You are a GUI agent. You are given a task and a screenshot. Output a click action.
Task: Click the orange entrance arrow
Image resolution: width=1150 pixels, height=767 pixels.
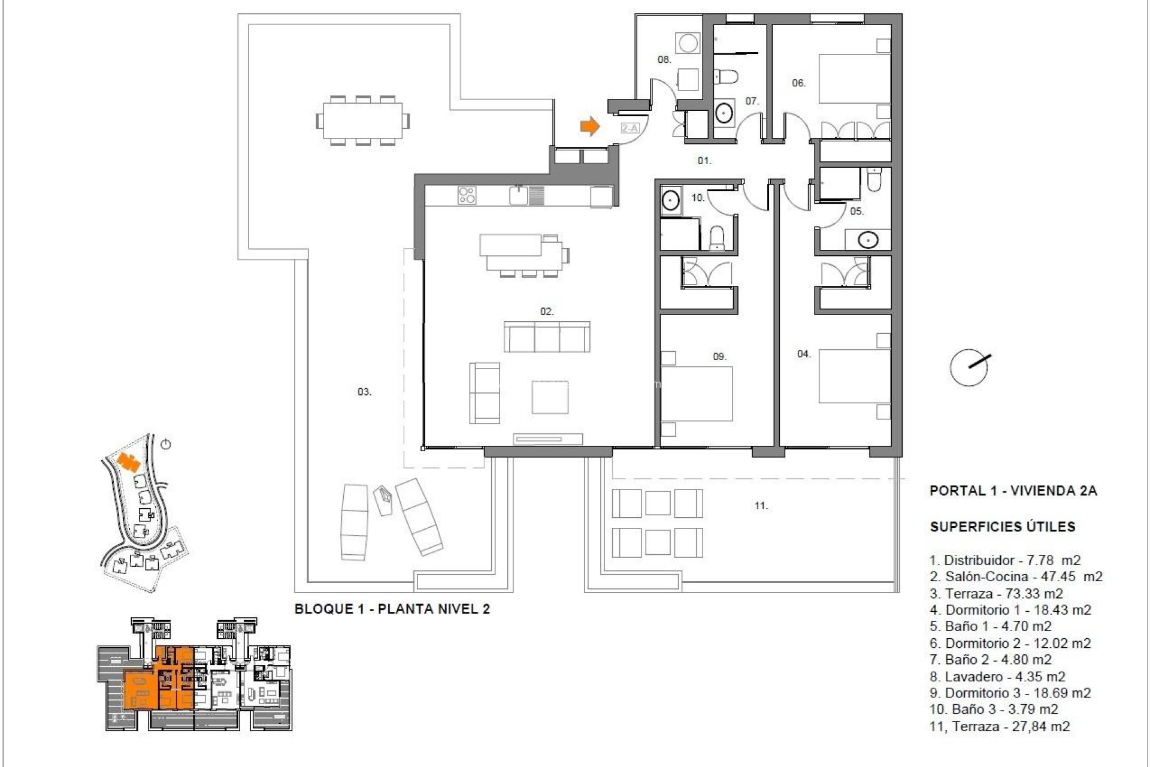point(590,126)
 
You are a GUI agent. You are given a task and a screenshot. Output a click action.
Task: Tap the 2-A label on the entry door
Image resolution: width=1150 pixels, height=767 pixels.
point(630,128)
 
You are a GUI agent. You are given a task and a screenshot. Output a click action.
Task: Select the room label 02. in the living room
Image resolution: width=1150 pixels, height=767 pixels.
point(546,312)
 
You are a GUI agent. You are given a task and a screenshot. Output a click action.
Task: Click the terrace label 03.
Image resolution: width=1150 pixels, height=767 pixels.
point(364,392)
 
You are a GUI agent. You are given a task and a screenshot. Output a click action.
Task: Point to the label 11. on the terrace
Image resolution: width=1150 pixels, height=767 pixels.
point(761,506)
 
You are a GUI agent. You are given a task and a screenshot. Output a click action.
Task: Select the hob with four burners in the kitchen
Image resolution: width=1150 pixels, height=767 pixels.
point(467,195)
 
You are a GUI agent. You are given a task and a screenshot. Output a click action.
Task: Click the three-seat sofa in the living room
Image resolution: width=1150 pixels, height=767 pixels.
point(546,337)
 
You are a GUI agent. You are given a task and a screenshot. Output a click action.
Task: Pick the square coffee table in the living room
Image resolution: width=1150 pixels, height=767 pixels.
point(550,397)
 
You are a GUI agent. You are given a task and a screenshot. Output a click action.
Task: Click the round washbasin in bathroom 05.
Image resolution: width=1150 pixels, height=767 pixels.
point(867,240)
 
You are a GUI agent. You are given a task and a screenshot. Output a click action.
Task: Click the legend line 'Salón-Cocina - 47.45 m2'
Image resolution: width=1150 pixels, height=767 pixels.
point(1016,576)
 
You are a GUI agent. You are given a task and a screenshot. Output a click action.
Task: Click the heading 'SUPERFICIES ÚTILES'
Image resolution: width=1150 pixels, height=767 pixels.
point(1002,527)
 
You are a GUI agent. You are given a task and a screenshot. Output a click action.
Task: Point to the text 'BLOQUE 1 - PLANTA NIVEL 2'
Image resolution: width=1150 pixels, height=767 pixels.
point(392,609)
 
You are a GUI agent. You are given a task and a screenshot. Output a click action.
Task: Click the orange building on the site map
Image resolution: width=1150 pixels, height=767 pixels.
point(128,461)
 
